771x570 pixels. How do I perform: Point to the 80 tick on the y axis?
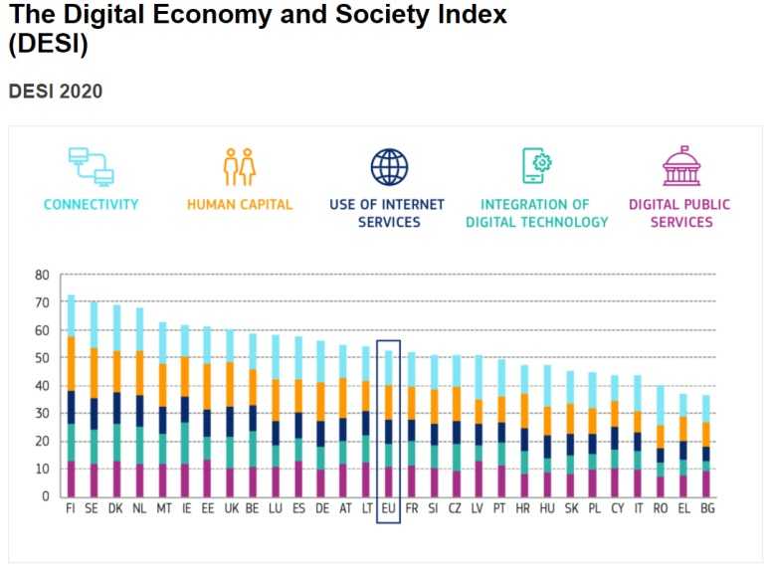pyautogui.click(x=42, y=275)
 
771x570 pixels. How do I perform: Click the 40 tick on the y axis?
pyautogui.click(x=42, y=386)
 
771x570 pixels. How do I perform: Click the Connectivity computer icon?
pyautogui.click(x=91, y=166)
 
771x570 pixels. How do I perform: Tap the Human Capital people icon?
pyautogui.click(x=240, y=166)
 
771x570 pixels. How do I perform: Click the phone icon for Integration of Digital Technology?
pyautogui.click(x=536, y=166)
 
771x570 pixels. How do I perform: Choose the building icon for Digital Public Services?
pyautogui.click(x=681, y=166)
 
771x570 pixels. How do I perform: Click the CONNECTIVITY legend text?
pyautogui.click(x=91, y=205)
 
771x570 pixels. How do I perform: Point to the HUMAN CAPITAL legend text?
pyautogui.click(x=240, y=205)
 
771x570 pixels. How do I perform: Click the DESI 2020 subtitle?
pyautogui.click(x=55, y=92)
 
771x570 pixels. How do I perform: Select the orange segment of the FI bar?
pyautogui.click(x=71, y=363)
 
